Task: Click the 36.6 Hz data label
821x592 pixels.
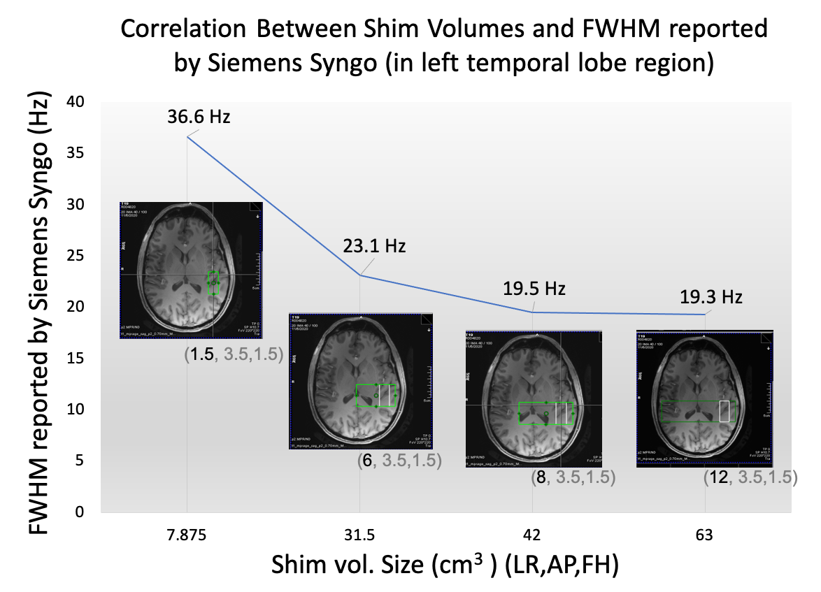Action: pos(198,117)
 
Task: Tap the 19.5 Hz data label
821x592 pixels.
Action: pos(534,289)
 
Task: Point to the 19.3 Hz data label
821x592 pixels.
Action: pos(711,297)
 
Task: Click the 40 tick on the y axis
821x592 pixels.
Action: pos(76,102)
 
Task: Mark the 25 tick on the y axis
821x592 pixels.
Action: pos(76,256)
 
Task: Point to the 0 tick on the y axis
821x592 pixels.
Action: pos(80,512)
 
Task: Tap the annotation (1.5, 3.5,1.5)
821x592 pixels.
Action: pos(233,355)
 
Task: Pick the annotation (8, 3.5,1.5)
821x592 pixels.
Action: pos(573,477)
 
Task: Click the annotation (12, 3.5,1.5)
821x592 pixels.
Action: pos(750,477)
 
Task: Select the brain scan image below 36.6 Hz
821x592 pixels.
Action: pos(190,270)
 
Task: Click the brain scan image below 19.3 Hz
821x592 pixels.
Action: pos(704,398)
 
